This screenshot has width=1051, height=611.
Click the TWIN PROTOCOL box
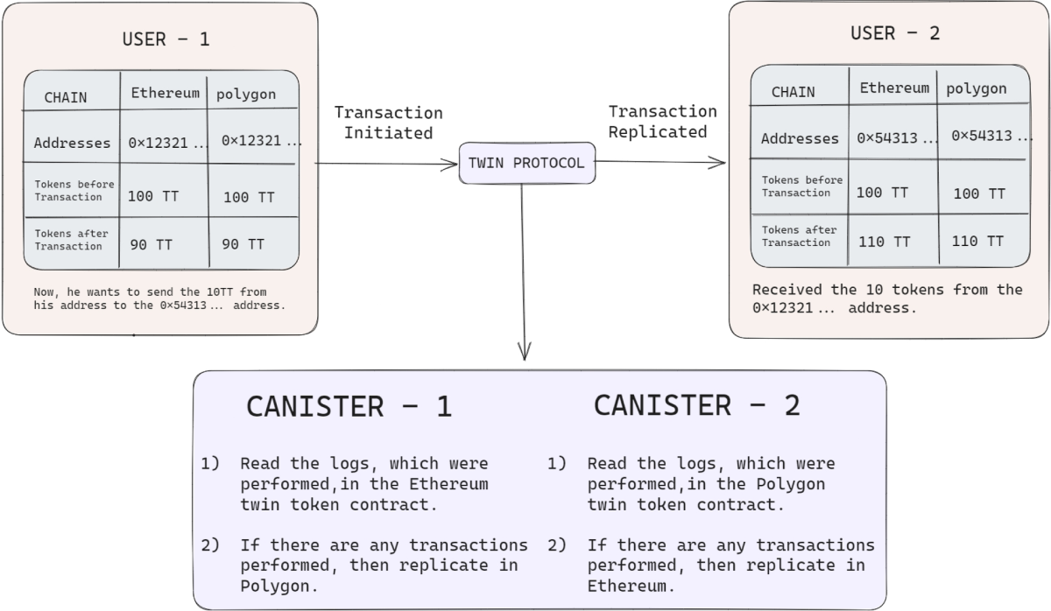click(x=527, y=163)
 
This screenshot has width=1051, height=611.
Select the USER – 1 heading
click(x=166, y=39)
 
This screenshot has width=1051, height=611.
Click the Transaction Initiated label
click(x=388, y=123)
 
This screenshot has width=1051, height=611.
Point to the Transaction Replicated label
click(x=662, y=121)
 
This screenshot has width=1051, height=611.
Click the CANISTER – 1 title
click(x=349, y=406)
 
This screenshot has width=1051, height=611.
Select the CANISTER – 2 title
click(x=696, y=404)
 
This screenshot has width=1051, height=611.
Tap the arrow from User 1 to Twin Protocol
click(x=385, y=163)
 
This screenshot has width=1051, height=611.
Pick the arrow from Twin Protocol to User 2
click(x=660, y=162)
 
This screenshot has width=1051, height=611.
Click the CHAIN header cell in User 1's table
click(x=66, y=97)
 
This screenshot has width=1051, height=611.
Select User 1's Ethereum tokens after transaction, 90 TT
click(x=151, y=244)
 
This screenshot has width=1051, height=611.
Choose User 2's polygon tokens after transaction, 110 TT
click(x=977, y=241)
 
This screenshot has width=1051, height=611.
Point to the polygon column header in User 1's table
click(x=246, y=94)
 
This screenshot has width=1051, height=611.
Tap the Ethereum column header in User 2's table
click(x=893, y=88)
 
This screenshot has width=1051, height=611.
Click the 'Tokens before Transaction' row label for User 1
click(x=74, y=191)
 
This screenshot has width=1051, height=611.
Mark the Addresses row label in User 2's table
click(x=800, y=138)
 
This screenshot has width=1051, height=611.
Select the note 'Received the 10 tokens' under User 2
click(x=887, y=289)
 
